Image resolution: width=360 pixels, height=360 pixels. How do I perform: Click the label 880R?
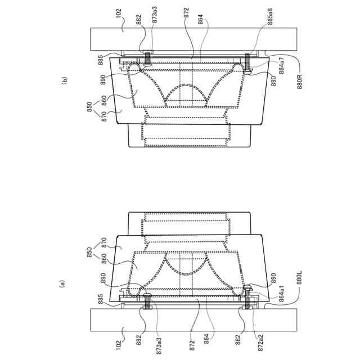pos(300,82)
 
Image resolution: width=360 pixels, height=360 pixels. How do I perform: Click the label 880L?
pos(299,278)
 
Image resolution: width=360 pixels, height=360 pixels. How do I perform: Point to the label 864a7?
pos(281,65)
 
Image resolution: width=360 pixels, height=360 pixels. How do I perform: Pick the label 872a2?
pos(260,343)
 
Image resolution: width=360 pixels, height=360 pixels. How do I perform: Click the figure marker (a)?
pos(62,283)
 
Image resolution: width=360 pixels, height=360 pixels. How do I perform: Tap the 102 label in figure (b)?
pos(118,13)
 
